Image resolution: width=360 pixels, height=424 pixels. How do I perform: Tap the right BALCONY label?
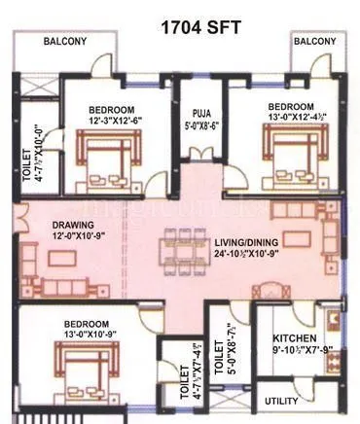314,42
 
